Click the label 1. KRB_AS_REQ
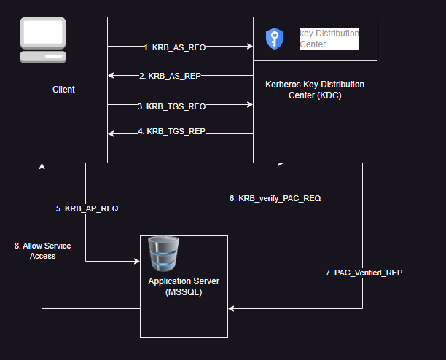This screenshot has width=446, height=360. tap(175, 47)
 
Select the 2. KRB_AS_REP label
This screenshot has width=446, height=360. tap(175, 75)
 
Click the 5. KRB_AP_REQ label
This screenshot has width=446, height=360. tap(87, 208)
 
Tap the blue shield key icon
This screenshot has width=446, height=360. tap(274, 38)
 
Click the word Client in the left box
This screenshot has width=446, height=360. tap(63, 90)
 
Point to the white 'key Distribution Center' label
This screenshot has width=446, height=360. tap(329, 39)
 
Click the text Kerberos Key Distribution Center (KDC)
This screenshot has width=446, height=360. tap(315, 90)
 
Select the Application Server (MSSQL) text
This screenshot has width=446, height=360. tap(183, 286)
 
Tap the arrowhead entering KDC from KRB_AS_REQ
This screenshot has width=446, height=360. tap(249, 47)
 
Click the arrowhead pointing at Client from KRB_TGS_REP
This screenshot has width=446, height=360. tap(111, 133)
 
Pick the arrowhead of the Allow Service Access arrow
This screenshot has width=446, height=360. tap(42, 166)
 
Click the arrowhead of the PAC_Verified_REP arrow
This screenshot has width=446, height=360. tap(231, 309)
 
